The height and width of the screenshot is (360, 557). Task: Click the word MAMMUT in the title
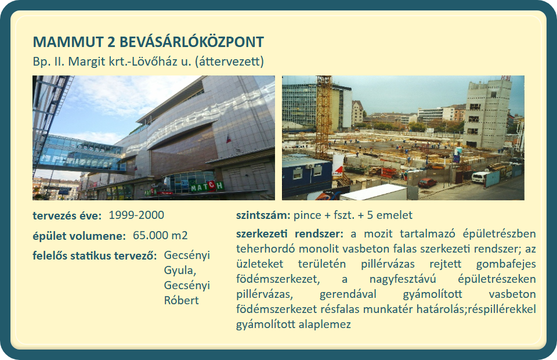(68, 42)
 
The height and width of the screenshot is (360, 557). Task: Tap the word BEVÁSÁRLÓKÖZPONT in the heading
(191, 42)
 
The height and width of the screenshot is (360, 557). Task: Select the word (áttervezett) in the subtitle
(230, 62)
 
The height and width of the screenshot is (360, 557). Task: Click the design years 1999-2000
(136, 215)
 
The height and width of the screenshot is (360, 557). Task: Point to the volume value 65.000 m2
(160, 235)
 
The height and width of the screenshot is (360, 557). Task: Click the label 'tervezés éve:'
(67, 215)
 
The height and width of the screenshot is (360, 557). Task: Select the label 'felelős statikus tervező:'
(95, 255)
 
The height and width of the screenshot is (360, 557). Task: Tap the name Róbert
(181, 300)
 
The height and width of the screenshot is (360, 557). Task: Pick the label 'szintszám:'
(263, 215)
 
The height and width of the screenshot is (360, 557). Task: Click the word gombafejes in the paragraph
(506, 264)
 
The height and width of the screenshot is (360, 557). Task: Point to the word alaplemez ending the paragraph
(325, 325)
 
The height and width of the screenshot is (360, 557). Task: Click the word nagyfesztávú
(403, 279)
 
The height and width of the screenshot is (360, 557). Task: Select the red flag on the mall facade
(228, 138)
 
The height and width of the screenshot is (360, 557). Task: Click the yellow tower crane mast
(324, 117)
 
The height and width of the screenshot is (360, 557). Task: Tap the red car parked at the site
(428, 183)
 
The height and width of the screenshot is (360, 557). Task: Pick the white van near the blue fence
(480, 177)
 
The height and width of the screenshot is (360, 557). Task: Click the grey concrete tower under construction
(487, 114)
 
